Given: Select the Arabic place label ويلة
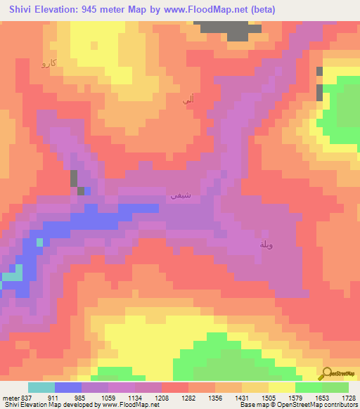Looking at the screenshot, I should pyautogui.click(x=266, y=244).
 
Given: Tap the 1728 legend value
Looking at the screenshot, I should pyautogui.click(x=348, y=398).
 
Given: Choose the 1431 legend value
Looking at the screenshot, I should pyautogui.click(x=242, y=398).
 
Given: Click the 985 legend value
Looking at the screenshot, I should pyautogui.click(x=82, y=398).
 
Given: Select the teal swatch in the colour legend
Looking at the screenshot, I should pyautogui.click(x=41, y=387).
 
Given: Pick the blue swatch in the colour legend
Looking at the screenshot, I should pyautogui.click(x=68, y=387).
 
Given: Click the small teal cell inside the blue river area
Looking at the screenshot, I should pyautogui.click(x=40, y=242).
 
